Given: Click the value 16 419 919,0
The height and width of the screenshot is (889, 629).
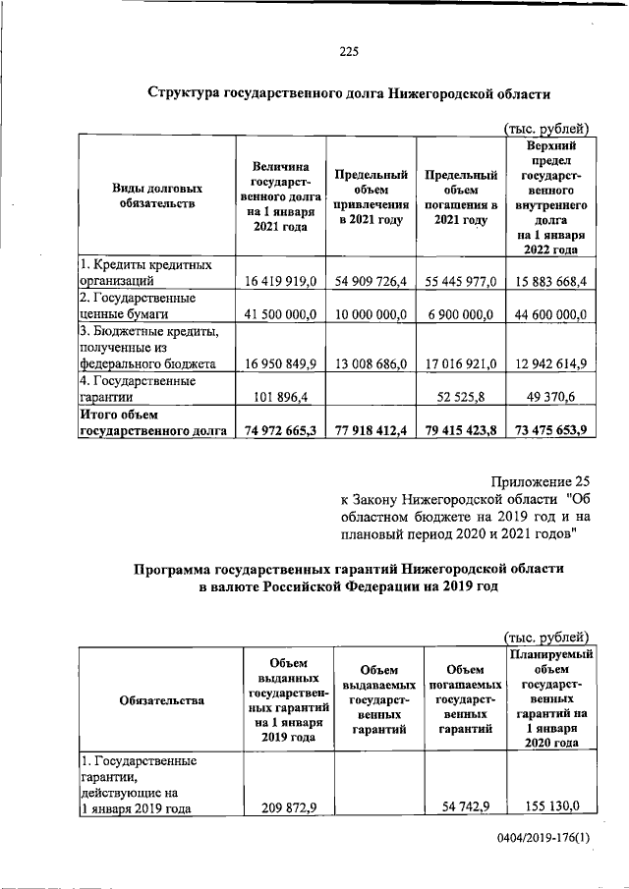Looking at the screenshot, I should tap(279, 282).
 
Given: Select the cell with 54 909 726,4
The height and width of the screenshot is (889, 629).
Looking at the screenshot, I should tap(371, 282).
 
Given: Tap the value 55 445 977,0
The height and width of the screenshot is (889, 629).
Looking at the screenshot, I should tap(461, 282).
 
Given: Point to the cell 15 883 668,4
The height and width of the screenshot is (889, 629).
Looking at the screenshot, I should tap(547, 282).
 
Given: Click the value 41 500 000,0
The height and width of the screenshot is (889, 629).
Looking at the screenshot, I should tap(279, 315).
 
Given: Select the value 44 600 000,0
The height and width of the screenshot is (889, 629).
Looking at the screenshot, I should tap(547, 315).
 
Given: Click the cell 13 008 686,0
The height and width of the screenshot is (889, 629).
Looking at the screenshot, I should tap(371, 363).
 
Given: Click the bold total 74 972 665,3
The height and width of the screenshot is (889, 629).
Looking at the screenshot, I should tap(279, 430).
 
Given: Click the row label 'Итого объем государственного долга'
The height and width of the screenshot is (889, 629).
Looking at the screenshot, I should tap(153, 422).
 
